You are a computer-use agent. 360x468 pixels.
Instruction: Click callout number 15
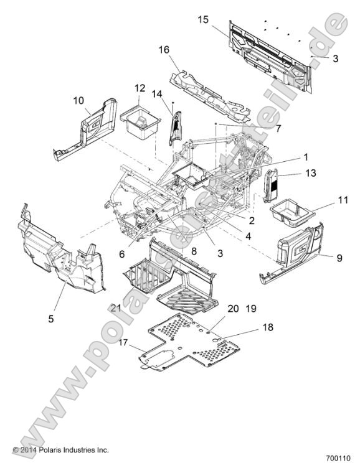[x=203, y=20]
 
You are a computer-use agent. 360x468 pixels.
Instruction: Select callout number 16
[x=164, y=50]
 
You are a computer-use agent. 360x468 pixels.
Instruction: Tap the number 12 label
[x=140, y=88]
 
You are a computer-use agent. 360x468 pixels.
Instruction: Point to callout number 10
[x=78, y=101]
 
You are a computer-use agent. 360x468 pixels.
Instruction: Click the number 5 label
[x=51, y=319]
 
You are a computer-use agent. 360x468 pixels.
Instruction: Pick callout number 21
[x=116, y=307]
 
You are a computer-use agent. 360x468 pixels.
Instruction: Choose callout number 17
[x=123, y=342]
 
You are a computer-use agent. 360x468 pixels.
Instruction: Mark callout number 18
[x=268, y=327]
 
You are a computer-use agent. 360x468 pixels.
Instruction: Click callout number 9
[x=339, y=258]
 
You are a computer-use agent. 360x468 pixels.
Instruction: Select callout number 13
[x=311, y=173]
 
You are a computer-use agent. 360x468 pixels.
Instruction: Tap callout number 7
[x=278, y=129]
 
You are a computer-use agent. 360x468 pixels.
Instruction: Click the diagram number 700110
[x=338, y=458]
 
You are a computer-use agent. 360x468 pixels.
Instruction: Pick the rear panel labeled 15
[x=270, y=56]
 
